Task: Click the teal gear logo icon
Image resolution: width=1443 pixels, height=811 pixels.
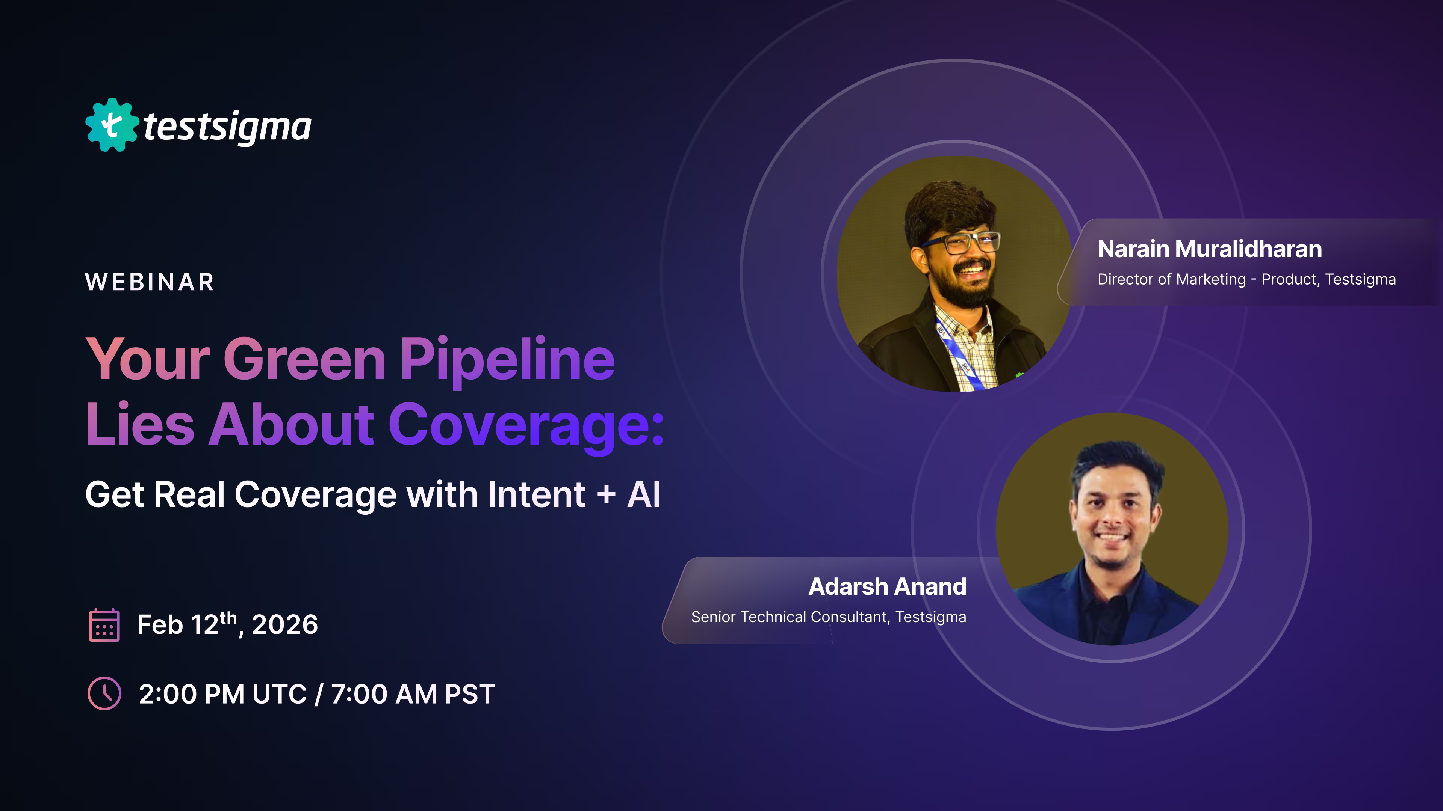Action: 112,125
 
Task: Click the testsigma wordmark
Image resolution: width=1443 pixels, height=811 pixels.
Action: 227,127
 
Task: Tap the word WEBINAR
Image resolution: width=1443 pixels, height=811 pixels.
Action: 150,282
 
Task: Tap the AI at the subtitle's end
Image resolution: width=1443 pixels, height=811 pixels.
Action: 644,495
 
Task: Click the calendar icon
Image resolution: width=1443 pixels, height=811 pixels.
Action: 104,625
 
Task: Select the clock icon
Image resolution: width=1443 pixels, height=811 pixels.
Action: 104,693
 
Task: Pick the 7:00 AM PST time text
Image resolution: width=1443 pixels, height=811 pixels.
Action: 413,694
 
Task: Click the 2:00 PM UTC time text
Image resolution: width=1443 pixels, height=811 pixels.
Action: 222,694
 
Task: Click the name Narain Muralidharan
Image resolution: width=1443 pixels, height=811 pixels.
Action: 1209,249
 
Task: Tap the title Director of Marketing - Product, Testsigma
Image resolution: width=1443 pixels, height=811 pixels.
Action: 1246,279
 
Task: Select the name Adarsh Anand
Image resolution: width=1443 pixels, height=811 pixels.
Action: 887,586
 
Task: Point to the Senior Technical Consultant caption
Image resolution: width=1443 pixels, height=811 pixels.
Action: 829,617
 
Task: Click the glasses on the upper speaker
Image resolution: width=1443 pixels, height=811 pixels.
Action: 961,242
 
